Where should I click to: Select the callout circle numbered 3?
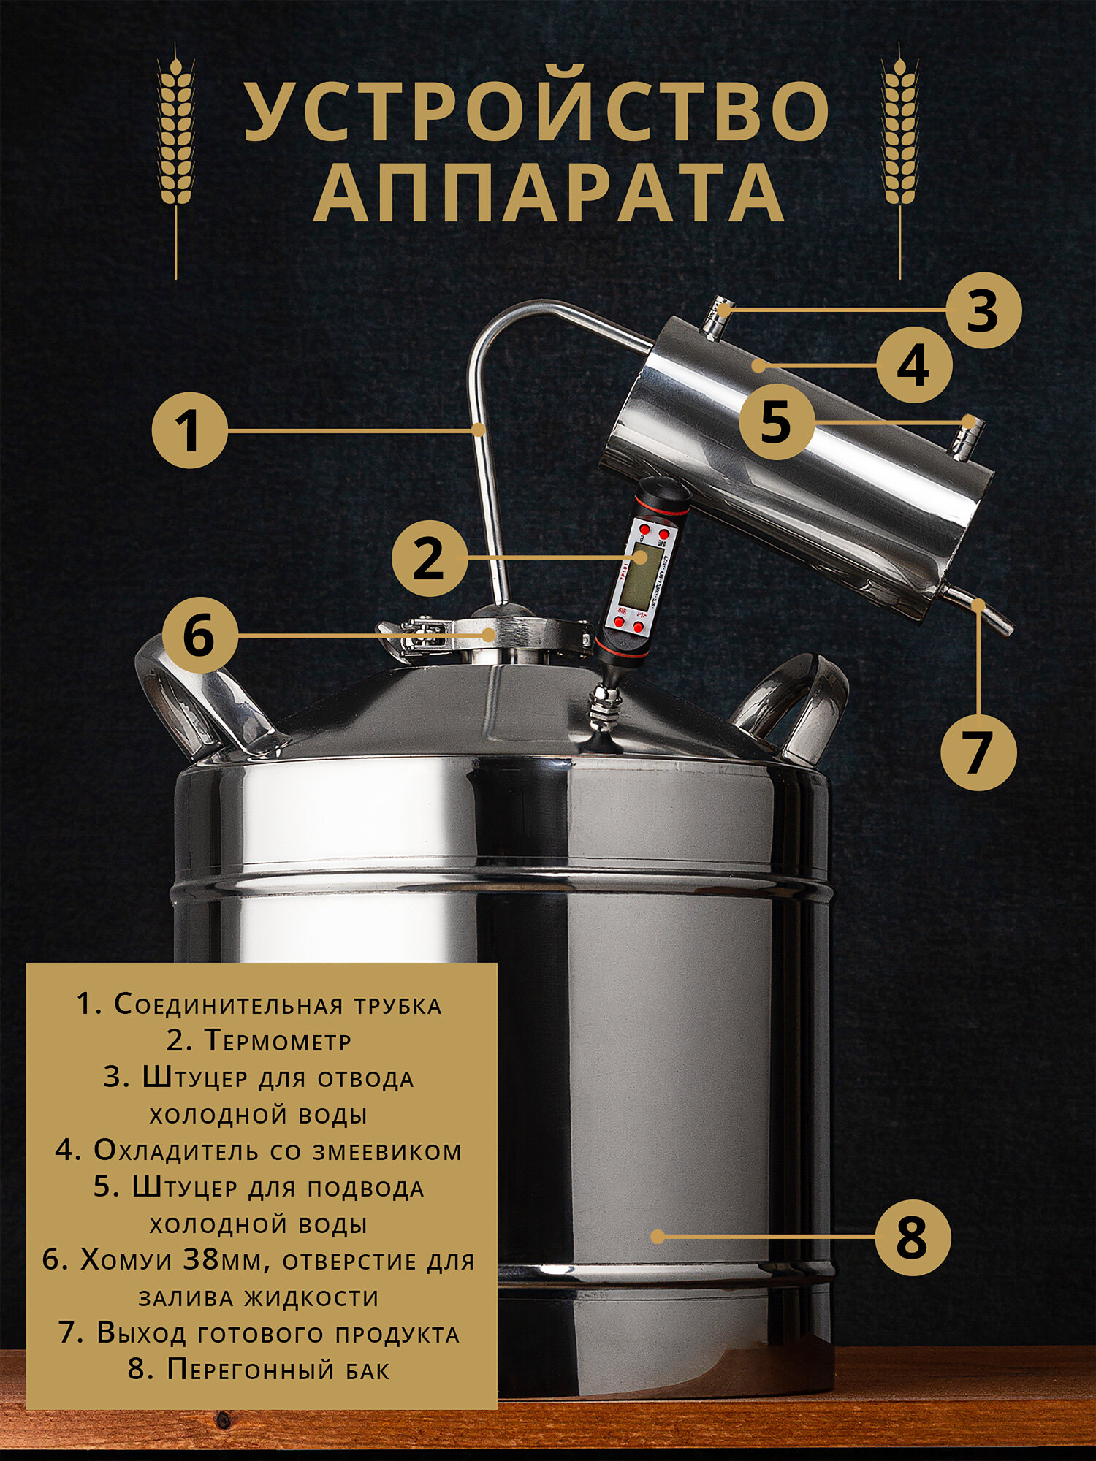click(983, 310)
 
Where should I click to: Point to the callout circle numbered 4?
click(914, 365)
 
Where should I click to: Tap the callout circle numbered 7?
click(979, 752)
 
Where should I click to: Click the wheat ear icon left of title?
click(176, 161)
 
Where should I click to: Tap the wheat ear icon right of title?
click(900, 161)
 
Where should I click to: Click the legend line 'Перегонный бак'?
click(259, 1368)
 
